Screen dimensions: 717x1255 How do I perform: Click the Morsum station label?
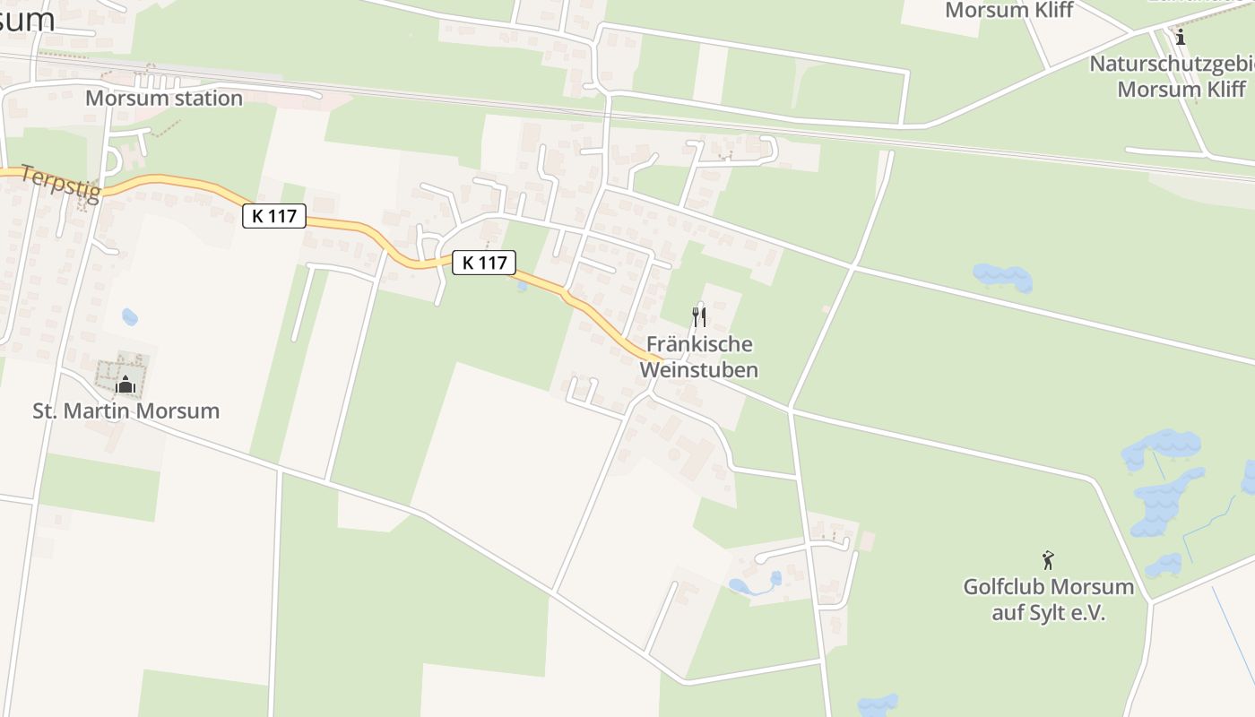[163, 99]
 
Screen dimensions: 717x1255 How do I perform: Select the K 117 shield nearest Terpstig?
[274, 216]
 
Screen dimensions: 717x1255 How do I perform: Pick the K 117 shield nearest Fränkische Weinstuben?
[484, 263]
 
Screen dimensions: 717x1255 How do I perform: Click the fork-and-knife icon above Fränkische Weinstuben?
[699, 316]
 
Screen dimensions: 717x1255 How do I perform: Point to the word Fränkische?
[699, 344]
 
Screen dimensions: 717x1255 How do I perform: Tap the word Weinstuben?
[699, 370]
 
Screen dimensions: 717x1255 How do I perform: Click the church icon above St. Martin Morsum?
[125, 384]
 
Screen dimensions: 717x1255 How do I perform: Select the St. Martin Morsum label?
[126, 411]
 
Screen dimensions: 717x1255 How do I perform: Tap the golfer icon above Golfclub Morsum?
[1048, 561]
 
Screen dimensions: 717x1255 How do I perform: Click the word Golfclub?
[1004, 588]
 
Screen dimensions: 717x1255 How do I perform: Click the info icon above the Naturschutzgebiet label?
[1181, 38]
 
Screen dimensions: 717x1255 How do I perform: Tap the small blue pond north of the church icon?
[130, 316]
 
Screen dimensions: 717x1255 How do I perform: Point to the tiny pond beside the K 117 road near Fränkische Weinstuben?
[522, 287]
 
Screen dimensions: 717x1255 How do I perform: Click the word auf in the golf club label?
[1008, 614]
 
